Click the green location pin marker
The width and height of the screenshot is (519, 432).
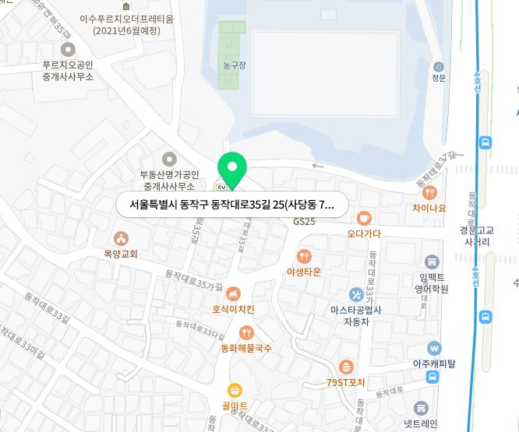231,168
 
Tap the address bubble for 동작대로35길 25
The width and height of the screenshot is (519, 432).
231,205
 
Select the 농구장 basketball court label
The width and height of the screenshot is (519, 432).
234,65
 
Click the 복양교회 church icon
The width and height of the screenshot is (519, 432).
121,239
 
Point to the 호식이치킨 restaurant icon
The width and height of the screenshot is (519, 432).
232,294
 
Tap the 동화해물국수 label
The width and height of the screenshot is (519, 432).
246,348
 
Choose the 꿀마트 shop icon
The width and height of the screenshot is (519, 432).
235,391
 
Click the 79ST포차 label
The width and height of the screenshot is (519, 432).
346,382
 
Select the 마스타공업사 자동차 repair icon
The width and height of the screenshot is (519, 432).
356,294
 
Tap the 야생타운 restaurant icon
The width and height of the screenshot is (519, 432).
304,256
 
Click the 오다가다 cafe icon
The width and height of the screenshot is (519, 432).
364,219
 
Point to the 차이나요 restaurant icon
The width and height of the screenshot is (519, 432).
429,192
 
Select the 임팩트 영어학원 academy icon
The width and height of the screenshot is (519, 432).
432,262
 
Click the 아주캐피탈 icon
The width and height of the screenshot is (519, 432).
434,349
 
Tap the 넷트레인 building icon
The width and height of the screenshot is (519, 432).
422,409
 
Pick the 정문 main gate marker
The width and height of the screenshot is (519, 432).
439,67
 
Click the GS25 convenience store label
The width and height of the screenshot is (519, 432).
304,222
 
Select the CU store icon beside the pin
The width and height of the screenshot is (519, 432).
221,185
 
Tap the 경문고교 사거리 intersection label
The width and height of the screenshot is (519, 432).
478,236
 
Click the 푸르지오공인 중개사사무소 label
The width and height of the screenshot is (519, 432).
68,71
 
